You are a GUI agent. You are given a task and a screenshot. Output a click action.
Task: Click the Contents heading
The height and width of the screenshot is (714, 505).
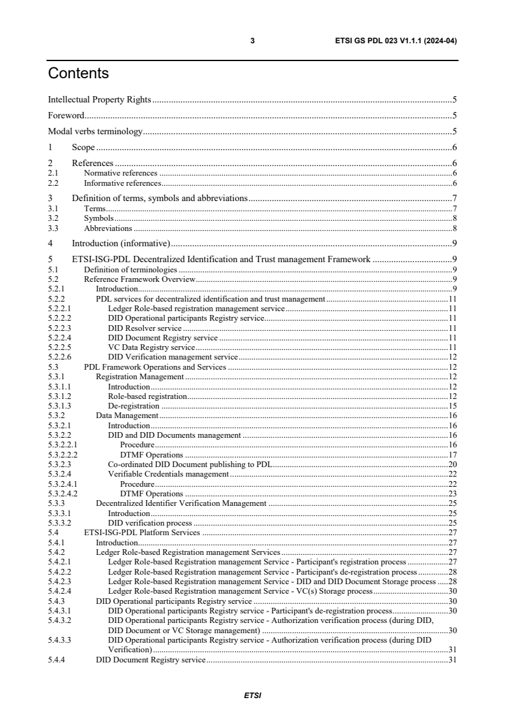tap(78, 74)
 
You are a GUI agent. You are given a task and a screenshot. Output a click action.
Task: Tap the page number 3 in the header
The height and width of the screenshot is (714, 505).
tap(252, 41)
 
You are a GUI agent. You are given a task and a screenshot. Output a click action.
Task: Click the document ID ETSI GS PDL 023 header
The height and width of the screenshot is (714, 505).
tap(395, 41)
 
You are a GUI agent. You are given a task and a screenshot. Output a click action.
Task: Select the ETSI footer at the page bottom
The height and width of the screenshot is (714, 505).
tap(252, 695)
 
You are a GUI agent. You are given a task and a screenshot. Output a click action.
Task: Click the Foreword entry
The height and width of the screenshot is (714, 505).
tap(66, 116)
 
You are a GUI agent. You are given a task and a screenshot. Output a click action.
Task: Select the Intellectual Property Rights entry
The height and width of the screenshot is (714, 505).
tap(100, 99)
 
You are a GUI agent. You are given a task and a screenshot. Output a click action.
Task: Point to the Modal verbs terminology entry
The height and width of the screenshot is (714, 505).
tap(95, 132)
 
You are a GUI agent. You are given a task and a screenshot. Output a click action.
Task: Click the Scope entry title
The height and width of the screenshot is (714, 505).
tap(83, 148)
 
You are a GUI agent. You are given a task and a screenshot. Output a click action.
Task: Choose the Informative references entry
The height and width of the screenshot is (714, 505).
tap(122, 183)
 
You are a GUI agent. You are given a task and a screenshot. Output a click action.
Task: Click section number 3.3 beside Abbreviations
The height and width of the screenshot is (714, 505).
tap(53, 228)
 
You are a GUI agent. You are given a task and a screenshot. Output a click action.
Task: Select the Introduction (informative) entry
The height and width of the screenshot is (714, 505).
tap(120, 243)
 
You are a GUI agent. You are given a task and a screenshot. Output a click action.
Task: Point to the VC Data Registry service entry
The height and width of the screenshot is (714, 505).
tap(151, 347)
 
